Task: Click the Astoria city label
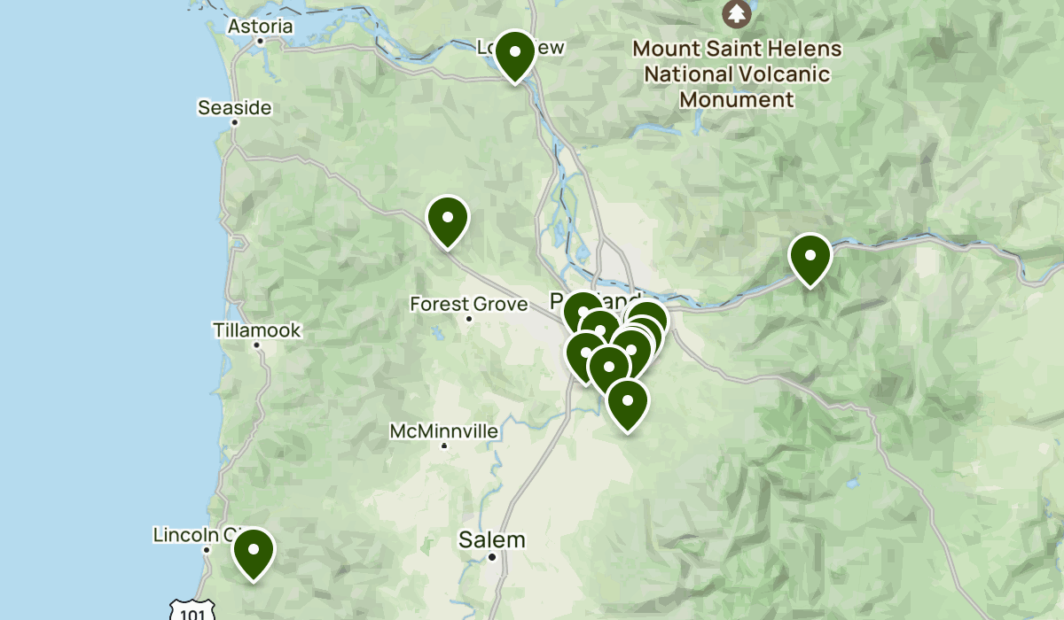point(260,27)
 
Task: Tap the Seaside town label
point(234,108)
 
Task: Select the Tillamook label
point(257,330)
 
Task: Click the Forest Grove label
point(468,304)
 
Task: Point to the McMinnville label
point(443,431)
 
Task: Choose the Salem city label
point(492,539)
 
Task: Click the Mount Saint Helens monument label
point(737,74)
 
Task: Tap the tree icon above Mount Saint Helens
point(736,13)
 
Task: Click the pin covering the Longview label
point(514,53)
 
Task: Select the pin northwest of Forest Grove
point(448,219)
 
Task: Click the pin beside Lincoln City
point(254,551)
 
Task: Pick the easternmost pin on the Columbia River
point(810,257)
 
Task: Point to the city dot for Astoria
point(260,41)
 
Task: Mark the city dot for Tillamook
point(256,345)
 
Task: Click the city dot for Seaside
point(235,122)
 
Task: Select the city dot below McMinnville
point(444,445)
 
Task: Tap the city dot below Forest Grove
point(469,318)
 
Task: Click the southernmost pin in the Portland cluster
point(627,402)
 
